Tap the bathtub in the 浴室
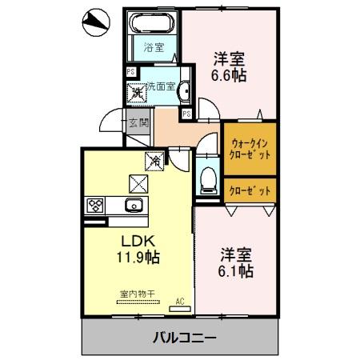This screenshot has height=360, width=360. click(153, 23)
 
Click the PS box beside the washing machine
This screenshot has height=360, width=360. click(130, 70)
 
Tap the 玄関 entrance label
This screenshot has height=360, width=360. click(139, 122)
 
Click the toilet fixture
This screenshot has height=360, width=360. click(207, 179)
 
